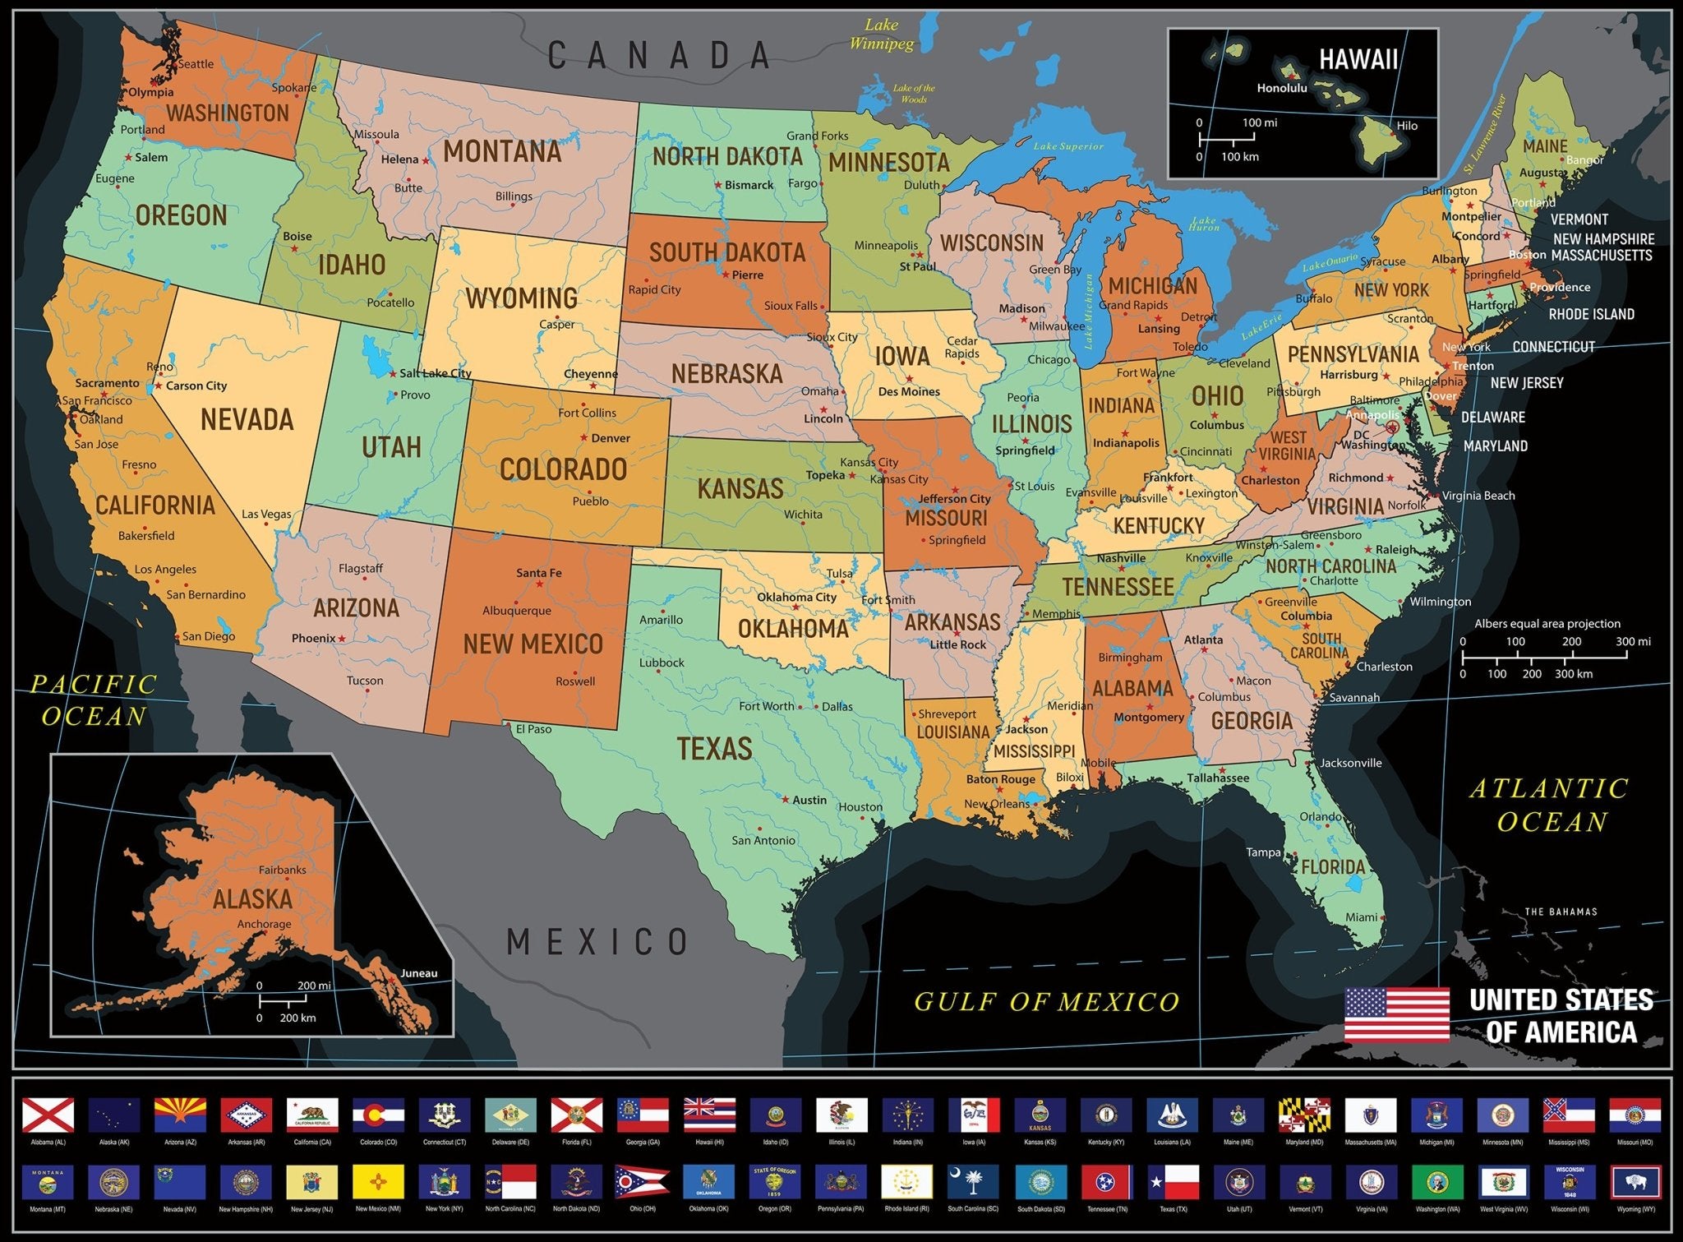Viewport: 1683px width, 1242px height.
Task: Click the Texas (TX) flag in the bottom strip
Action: pyautogui.click(x=1173, y=1182)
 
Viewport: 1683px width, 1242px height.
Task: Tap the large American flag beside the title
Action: pyautogui.click(x=1397, y=1014)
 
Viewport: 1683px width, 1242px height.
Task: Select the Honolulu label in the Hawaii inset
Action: pyautogui.click(x=1281, y=88)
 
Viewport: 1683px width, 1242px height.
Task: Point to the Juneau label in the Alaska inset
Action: pyautogui.click(x=418, y=973)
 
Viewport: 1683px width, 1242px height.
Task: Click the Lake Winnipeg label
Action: pyautogui.click(x=882, y=35)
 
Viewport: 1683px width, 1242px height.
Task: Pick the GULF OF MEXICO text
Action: pyautogui.click(x=1047, y=1001)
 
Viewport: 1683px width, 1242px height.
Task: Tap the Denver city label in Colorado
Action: pyautogui.click(x=611, y=438)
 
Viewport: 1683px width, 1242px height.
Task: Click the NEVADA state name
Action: pyautogui.click(x=247, y=420)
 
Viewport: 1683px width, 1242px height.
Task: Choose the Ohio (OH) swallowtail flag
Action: pyautogui.click(x=642, y=1182)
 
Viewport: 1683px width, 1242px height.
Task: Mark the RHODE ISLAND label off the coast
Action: pyautogui.click(x=1591, y=314)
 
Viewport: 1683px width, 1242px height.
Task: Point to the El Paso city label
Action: pyautogui.click(x=533, y=729)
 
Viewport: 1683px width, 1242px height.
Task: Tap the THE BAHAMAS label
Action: pyautogui.click(x=1561, y=912)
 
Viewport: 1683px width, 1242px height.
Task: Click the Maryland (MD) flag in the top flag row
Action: pyautogui.click(x=1304, y=1115)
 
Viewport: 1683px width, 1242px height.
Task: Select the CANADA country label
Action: pyautogui.click(x=659, y=56)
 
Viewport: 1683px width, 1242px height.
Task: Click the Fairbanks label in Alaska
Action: pyautogui.click(x=282, y=870)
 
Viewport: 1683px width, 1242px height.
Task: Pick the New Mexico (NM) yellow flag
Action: pyautogui.click(x=378, y=1182)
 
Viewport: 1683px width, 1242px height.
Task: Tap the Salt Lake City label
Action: pyautogui.click(x=436, y=373)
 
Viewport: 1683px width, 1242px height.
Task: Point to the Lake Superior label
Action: pyautogui.click(x=1068, y=146)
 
